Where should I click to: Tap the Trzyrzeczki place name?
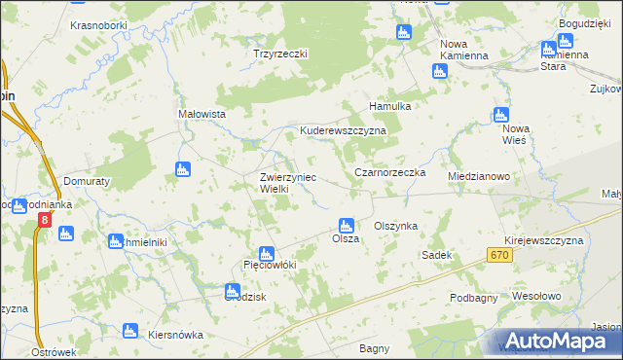pyautogui.click(x=280, y=54)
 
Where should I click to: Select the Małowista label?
pyautogui.click(x=202, y=114)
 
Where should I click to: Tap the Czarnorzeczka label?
pyautogui.click(x=390, y=172)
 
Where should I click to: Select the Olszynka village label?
pyautogui.click(x=395, y=226)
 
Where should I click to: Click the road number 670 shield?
pyautogui.click(x=499, y=254)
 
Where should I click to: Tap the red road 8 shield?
pyautogui.click(x=44, y=221)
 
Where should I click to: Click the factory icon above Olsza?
pyautogui.click(x=346, y=225)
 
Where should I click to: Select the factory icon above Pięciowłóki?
pyautogui.click(x=269, y=252)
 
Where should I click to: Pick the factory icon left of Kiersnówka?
pyautogui.click(x=130, y=333)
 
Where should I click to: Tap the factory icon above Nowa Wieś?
pyautogui.click(x=501, y=115)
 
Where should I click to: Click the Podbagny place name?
pyautogui.click(x=474, y=298)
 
